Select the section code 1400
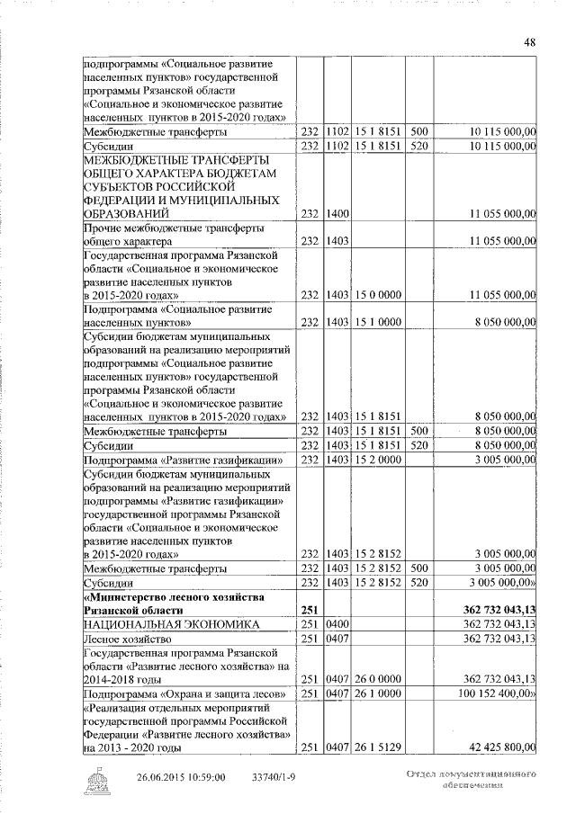337,213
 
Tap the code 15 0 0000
377,294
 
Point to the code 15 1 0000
377,320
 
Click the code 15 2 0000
377,460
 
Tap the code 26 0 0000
377,679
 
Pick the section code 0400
337,623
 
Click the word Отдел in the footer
423,774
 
